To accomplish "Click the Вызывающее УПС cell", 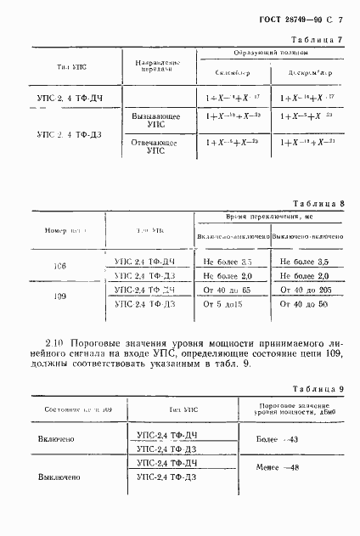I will (151, 120).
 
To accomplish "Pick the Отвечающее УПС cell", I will (151, 147).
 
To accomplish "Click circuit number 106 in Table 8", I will (60, 266).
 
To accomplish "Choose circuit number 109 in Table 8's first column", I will (60, 296).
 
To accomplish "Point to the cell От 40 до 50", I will (305, 302).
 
